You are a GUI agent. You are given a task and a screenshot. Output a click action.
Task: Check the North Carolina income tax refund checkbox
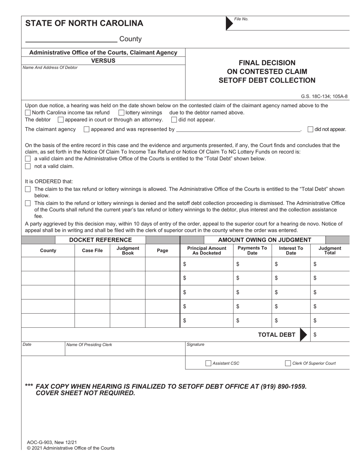point(28,113)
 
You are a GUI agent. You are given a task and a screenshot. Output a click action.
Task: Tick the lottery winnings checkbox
point(121,113)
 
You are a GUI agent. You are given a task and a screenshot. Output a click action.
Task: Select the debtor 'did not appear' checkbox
point(174,120)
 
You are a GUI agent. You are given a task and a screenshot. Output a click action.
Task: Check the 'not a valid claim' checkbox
point(28,166)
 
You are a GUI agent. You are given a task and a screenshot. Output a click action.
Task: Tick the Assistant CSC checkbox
point(208,363)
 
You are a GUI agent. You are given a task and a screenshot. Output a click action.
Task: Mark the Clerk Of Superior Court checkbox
point(288,363)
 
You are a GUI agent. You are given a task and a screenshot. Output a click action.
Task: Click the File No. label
point(241,19)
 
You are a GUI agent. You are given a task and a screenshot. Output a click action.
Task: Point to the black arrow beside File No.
point(229,23)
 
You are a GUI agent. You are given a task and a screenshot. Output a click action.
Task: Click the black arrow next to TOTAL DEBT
point(303,335)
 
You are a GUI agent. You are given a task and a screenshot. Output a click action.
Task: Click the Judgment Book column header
point(128,250)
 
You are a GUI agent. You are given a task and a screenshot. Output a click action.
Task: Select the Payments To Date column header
point(252,250)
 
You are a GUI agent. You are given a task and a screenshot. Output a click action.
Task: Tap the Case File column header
point(92,250)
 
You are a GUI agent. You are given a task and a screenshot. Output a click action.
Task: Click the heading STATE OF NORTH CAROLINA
point(84,23)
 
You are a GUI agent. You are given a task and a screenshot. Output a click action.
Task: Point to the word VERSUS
point(103,61)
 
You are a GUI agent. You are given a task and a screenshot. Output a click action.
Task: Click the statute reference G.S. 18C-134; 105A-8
point(324,96)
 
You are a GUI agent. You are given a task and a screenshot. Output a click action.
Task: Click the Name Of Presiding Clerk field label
point(89,345)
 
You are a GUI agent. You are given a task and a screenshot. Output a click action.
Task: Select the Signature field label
point(196,344)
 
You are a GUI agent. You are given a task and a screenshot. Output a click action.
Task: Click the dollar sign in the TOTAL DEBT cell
point(315,335)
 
